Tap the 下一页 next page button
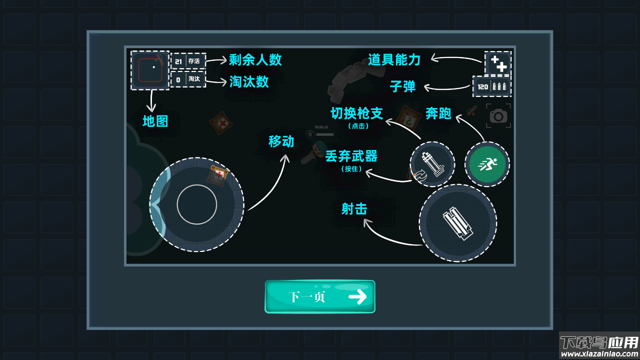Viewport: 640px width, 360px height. point(320,296)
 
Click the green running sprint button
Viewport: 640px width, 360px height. point(487,164)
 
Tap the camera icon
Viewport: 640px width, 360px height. point(498,116)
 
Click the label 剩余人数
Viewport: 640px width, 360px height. point(255,60)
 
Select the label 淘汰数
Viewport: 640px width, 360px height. point(249,81)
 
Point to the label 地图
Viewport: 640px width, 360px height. point(155,121)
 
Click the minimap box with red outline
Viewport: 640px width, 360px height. point(150,70)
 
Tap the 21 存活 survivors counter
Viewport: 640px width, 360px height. point(188,61)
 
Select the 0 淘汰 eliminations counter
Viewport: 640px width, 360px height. point(188,79)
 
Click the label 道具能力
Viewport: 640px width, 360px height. point(394,60)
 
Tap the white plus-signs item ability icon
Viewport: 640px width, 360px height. point(498,63)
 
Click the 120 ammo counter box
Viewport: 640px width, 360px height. point(492,86)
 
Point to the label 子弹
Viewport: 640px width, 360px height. point(402,86)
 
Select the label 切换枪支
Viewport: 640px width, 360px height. point(357,113)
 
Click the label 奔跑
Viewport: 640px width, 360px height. point(438,113)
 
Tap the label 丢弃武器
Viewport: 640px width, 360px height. point(351,156)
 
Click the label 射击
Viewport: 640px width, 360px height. point(354,209)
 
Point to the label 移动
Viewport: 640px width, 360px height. point(281,141)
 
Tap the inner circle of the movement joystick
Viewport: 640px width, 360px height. point(197,204)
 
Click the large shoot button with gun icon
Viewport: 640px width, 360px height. point(457,223)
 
